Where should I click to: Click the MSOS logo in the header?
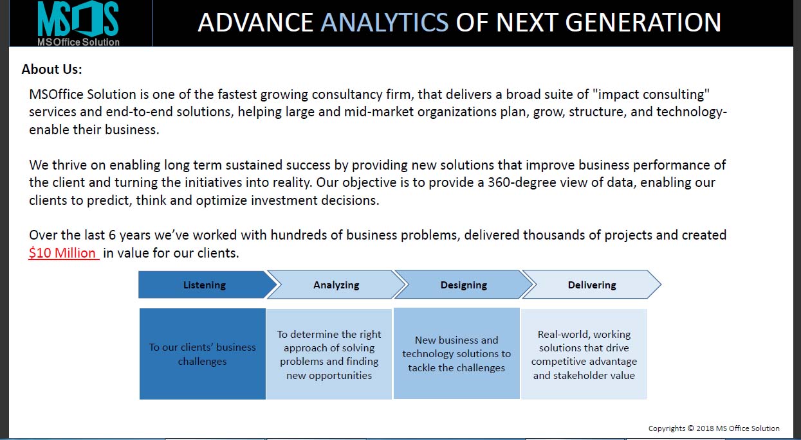click(78, 23)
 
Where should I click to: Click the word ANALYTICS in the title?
click(384, 22)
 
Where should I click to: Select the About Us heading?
click(52, 69)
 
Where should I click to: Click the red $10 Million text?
click(64, 253)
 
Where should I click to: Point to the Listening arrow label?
click(204, 285)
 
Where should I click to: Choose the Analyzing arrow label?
click(336, 285)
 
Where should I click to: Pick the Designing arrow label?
click(463, 285)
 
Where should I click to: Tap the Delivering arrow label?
click(592, 285)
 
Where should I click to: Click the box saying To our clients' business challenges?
click(203, 353)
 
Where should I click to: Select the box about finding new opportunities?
click(329, 353)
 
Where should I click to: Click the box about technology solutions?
click(457, 353)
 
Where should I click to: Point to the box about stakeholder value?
click(584, 353)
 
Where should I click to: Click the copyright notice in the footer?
click(714, 428)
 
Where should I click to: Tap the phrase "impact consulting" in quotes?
click(651, 94)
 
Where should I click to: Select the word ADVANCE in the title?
click(255, 22)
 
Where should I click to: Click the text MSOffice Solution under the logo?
click(78, 42)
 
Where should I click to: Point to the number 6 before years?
click(113, 235)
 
